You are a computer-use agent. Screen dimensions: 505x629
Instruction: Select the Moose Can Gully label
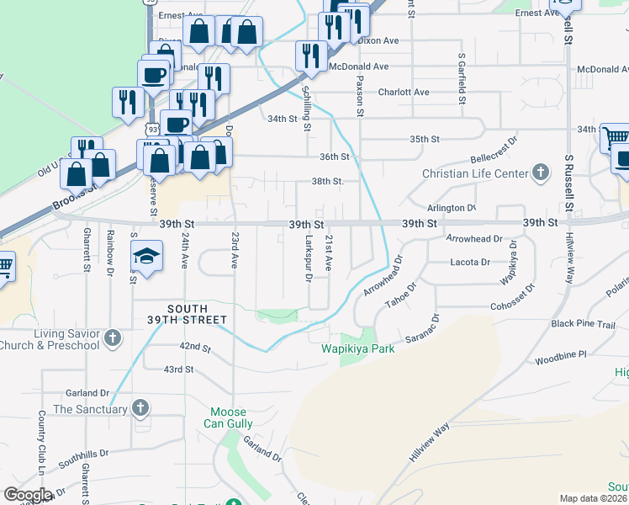228,417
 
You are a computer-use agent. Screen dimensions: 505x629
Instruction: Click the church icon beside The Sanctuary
140,409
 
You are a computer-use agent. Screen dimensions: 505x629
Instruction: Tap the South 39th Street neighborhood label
197,314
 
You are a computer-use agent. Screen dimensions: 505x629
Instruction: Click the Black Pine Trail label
584,325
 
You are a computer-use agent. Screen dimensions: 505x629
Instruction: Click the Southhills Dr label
84,458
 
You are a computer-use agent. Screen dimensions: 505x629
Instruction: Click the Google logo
28,495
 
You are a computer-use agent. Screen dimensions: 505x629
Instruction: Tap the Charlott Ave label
404,92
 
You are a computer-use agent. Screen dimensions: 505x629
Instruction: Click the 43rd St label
178,369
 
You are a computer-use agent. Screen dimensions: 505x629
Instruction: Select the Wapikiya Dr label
509,262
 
